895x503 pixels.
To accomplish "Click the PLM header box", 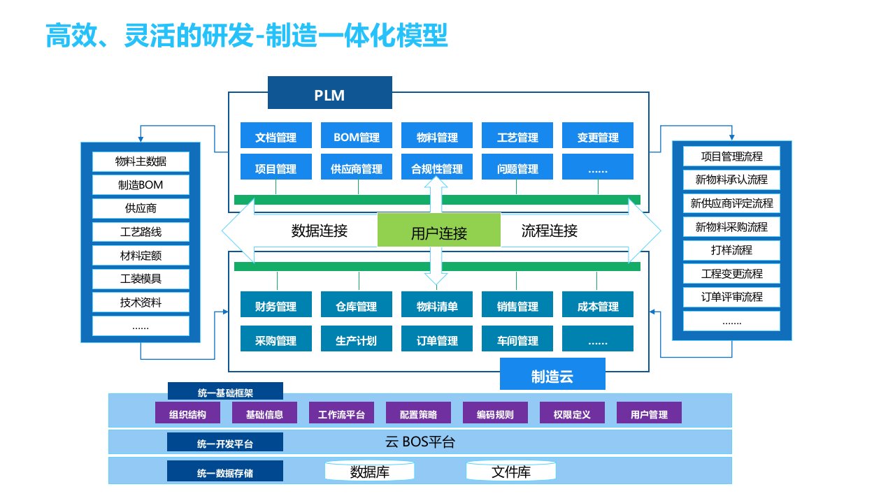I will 330,94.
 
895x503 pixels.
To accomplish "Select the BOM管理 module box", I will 357,137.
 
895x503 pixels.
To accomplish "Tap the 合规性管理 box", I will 437,168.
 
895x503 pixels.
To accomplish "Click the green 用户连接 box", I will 439,233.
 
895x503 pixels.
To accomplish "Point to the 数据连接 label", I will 320,231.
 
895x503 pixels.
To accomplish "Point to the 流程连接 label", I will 550,231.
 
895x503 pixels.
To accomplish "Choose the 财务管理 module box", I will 276,306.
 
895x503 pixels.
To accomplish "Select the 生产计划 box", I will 357,340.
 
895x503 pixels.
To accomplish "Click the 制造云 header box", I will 552,377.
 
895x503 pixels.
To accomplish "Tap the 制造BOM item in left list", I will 141,185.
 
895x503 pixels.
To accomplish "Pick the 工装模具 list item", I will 141,279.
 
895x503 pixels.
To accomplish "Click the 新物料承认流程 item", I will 731,180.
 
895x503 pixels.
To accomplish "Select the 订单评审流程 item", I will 731,297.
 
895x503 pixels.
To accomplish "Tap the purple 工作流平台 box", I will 341,414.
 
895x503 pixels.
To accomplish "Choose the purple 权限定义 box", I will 572,414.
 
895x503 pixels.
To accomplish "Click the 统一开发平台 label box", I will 225,444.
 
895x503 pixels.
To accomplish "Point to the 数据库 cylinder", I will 370,472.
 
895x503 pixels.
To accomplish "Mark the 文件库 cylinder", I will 511,472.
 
